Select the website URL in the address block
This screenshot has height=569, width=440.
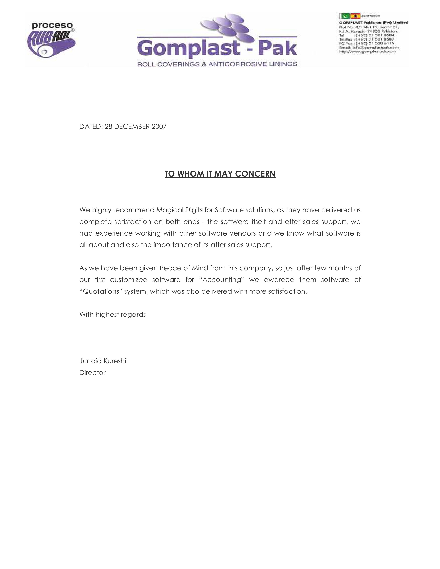[367, 52]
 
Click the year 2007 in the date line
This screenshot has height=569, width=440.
[159, 127]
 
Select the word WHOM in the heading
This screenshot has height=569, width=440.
[191, 174]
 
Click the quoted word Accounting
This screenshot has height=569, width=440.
[221, 279]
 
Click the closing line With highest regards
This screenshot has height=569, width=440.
[113, 315]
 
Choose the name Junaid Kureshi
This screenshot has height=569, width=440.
[103, 361]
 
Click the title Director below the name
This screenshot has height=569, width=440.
[92, 373]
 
